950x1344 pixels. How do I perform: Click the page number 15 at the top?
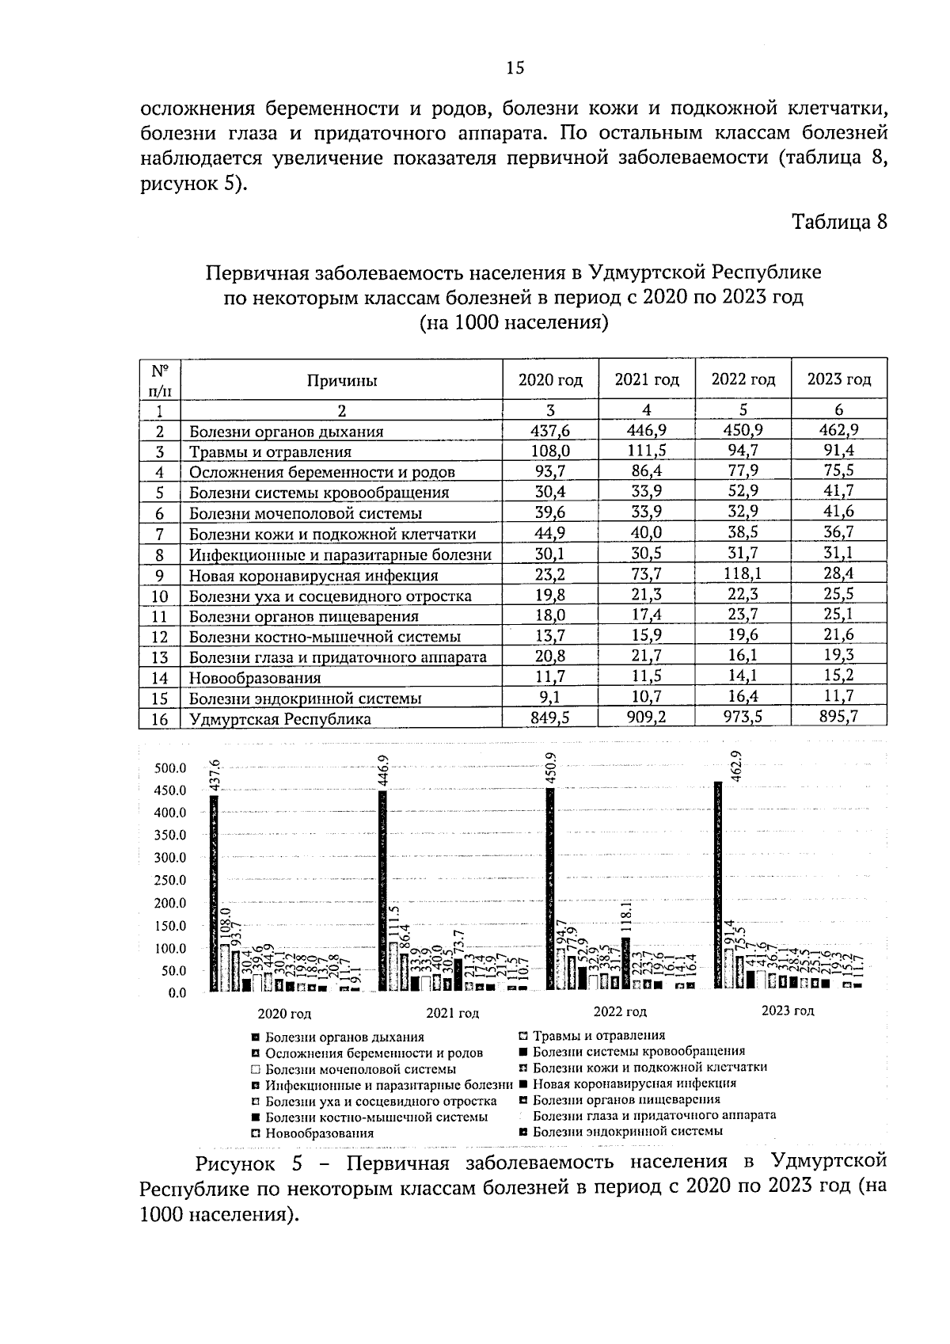[515, 68]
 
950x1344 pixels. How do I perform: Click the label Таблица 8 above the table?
[840, 222]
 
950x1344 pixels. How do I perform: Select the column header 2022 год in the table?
[743, 379]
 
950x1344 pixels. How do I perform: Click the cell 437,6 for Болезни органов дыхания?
[550, 431]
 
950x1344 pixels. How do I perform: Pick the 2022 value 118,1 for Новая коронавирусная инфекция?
[743, 575]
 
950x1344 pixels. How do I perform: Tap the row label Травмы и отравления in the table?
[270, 452]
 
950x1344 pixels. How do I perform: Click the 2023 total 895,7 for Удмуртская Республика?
[839, 717]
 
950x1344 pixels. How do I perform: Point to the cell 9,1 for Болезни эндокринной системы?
[550, 698]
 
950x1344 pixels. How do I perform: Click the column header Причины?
[342, 380]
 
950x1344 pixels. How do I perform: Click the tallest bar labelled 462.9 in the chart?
[718, 883]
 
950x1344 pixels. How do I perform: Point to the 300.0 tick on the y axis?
[171, 858]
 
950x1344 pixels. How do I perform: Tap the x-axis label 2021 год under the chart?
[452, 1013]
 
